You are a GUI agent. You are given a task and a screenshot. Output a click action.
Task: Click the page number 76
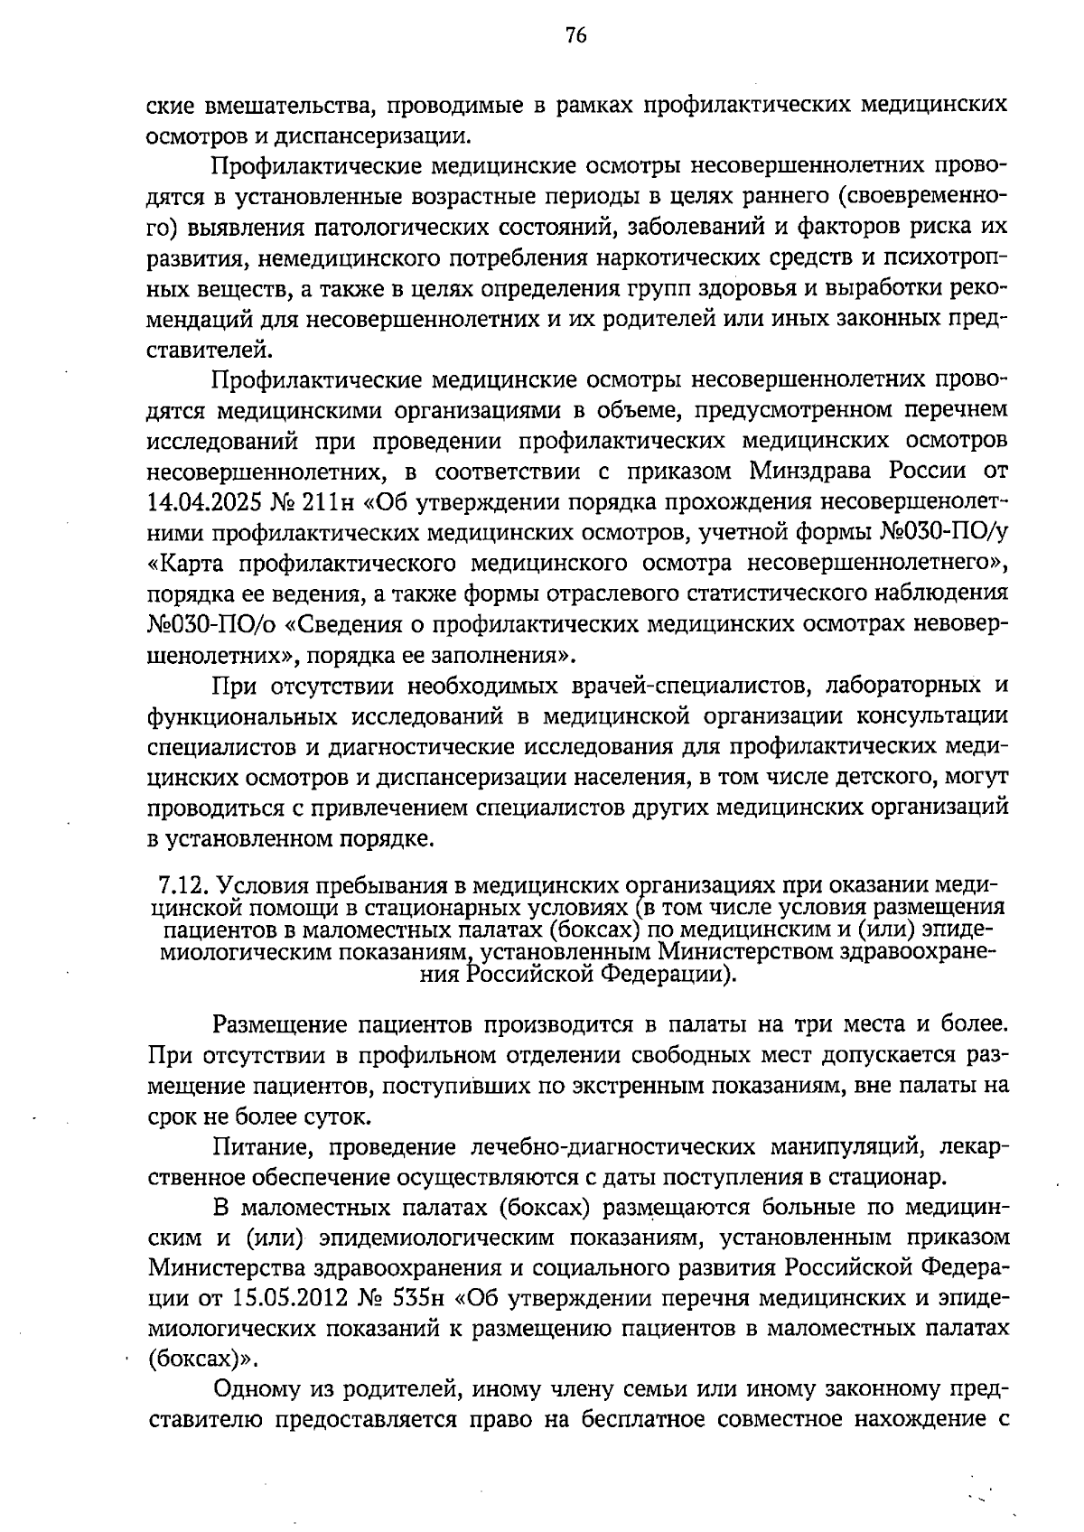575,35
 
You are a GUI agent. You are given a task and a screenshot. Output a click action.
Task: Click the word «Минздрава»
814,472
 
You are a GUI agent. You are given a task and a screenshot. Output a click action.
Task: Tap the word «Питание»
264,1147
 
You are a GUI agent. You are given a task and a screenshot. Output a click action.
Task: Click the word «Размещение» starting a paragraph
279,1025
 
